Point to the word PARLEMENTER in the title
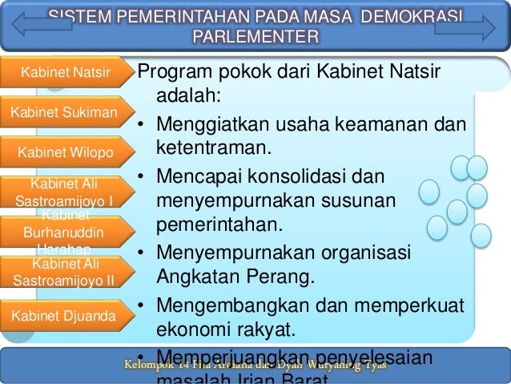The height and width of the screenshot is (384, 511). click(255, 38)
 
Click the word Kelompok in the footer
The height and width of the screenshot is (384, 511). click(145, 366)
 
